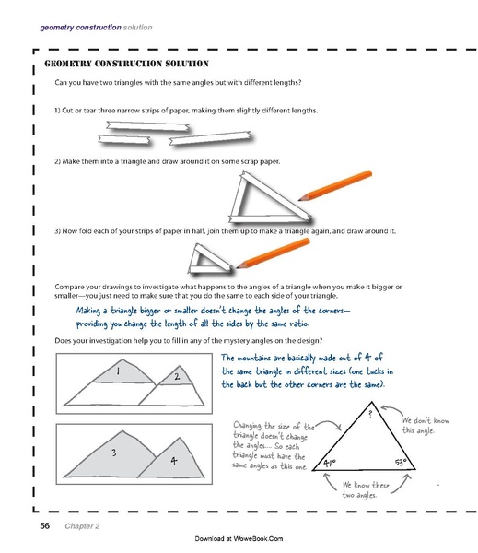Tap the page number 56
[x=43, y=526]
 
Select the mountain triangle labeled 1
[x=118, y=372]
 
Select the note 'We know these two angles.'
[x=362, y=489]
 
